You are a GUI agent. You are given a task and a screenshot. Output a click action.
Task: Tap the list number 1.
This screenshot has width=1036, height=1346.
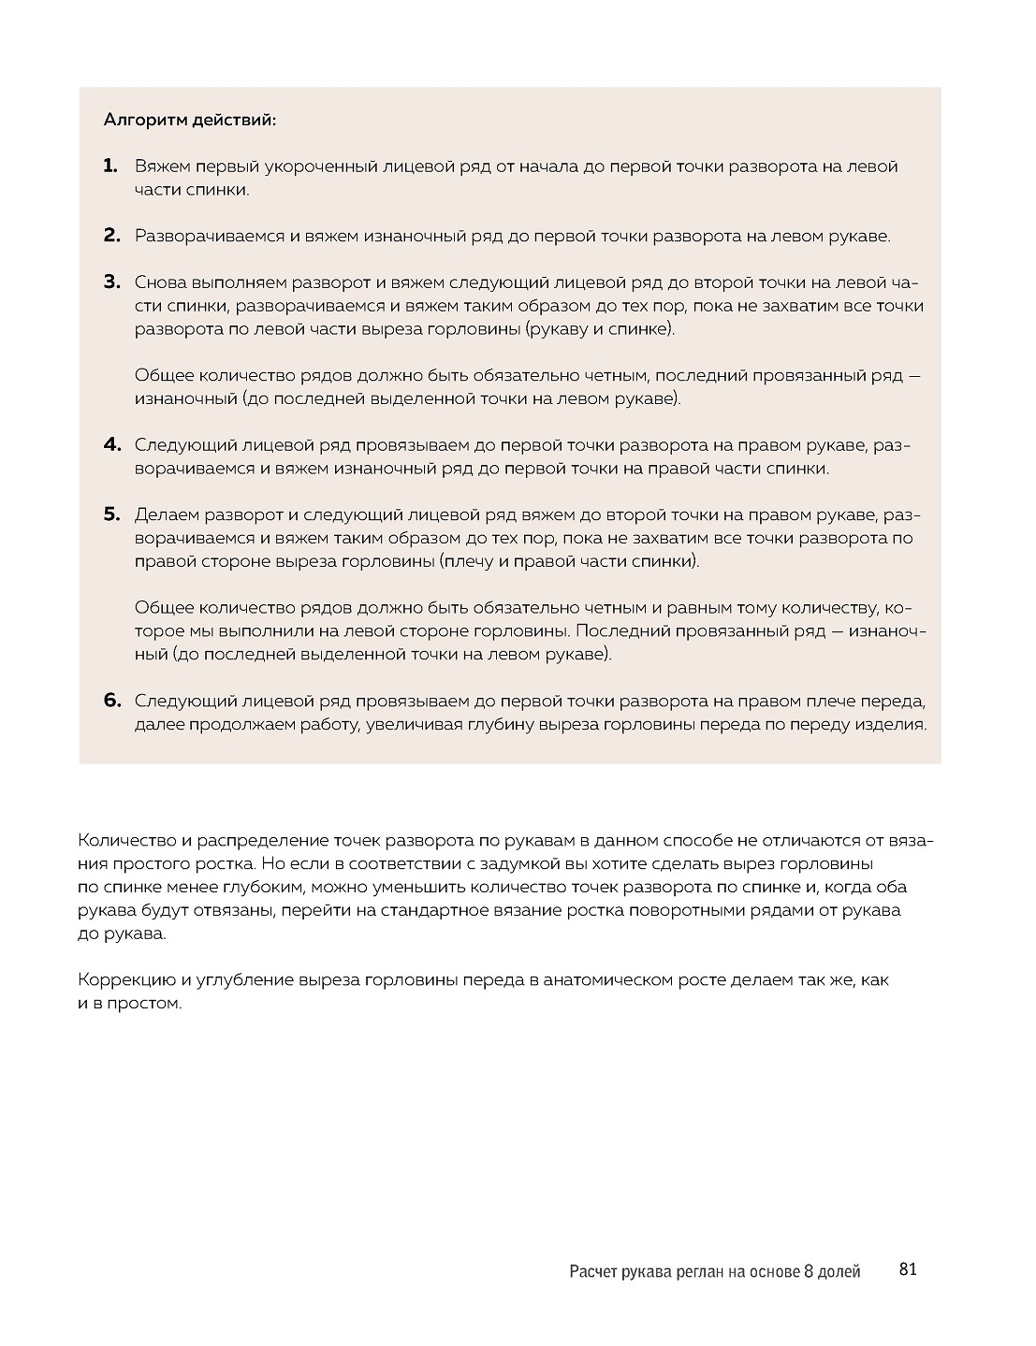(110, 166)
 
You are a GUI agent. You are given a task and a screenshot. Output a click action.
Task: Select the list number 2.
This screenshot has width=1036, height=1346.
(112, 236)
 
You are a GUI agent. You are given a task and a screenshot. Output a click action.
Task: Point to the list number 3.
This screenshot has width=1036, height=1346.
(112, 282)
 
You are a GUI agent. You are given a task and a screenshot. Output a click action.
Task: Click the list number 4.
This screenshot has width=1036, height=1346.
(112, 444)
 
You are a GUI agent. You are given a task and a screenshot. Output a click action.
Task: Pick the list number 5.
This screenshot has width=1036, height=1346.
(112, 514)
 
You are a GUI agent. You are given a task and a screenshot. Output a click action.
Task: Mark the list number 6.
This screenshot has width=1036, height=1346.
(112, 701)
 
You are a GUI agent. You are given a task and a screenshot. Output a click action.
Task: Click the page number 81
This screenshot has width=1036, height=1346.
(907, 1269)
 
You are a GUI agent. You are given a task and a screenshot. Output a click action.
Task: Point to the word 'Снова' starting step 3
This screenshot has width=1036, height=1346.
(160, 282)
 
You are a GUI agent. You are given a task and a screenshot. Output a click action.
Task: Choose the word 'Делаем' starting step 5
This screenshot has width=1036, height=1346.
(166, 514)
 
